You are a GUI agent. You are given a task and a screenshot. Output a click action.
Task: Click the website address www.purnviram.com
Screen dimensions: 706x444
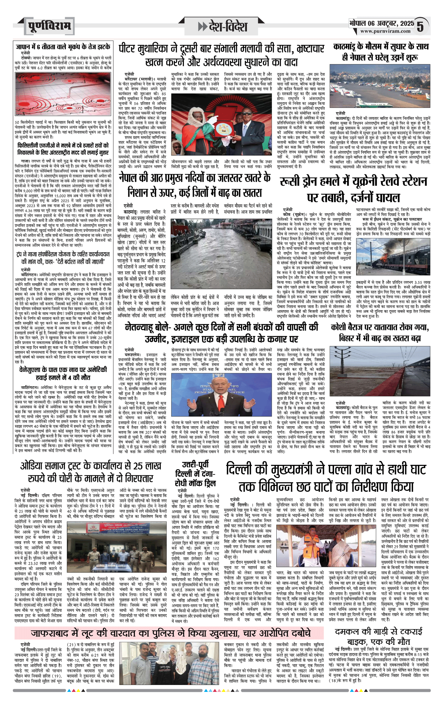click(385, 31)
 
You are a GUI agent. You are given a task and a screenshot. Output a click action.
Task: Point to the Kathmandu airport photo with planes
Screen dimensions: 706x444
click(380, 86)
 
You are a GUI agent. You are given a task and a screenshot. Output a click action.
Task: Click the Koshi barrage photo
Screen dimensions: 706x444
click(380, 371)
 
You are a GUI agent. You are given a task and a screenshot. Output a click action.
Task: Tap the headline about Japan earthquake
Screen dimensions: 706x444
click(63, 47)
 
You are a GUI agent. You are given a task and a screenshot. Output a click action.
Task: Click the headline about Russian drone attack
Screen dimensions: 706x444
click(353, 189)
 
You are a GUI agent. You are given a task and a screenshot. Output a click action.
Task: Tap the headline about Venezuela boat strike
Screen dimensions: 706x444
click(63, 373)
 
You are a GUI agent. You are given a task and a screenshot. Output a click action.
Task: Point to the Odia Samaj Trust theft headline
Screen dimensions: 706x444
click(91, 472)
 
